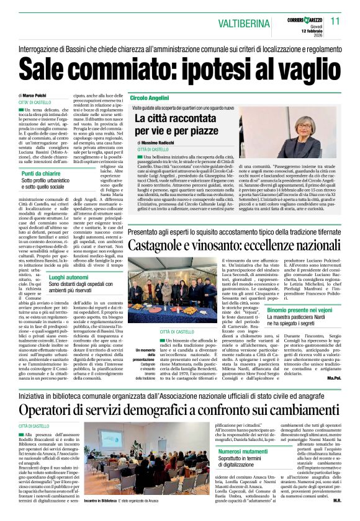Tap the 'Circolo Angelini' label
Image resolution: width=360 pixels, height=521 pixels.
(x=150, y=99)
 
